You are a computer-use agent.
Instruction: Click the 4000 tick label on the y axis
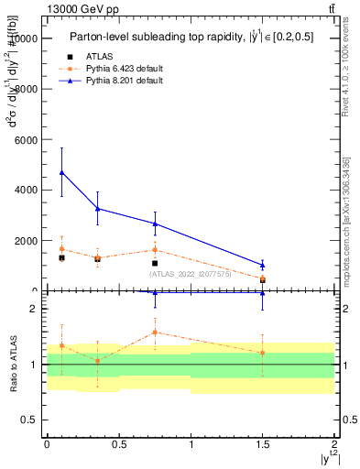(x=25, y=190)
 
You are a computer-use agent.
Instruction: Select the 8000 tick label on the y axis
(x=25, y=89)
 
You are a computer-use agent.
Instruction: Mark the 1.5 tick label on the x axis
(x=262, y=443)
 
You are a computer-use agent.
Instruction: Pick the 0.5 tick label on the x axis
(x=118, y=443)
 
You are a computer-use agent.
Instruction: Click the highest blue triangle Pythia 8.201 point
(x=61, y=172)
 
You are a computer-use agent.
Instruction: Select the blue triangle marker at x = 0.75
(x=156, y=224)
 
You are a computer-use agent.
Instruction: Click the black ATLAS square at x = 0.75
(x=156, y=263)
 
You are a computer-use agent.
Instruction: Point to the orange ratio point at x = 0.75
(x=156, y=333)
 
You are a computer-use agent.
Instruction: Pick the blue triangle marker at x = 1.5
(x=263, y=265)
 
